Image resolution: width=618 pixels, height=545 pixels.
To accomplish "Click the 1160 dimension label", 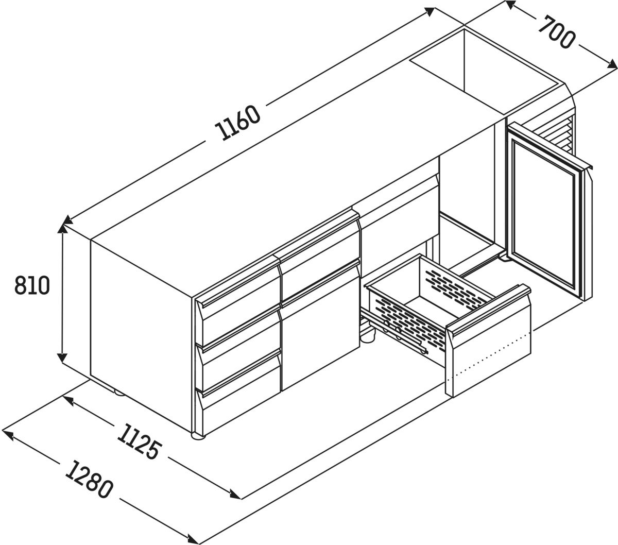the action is pyautogui.click(x=237, y=123).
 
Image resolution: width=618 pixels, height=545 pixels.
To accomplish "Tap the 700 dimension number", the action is pyautogui.click(x=556, y=32).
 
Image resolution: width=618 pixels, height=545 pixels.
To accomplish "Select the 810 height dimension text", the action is pyautogui.click(x=32, y=285).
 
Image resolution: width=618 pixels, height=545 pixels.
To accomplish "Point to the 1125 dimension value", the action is pyautogui.click(x=139, y=442).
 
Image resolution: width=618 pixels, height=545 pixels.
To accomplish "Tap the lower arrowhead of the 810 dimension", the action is pyautogui.click(x=62, y=357).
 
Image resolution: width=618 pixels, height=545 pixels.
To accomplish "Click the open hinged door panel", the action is pyautogui.click(x=547, y=211).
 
